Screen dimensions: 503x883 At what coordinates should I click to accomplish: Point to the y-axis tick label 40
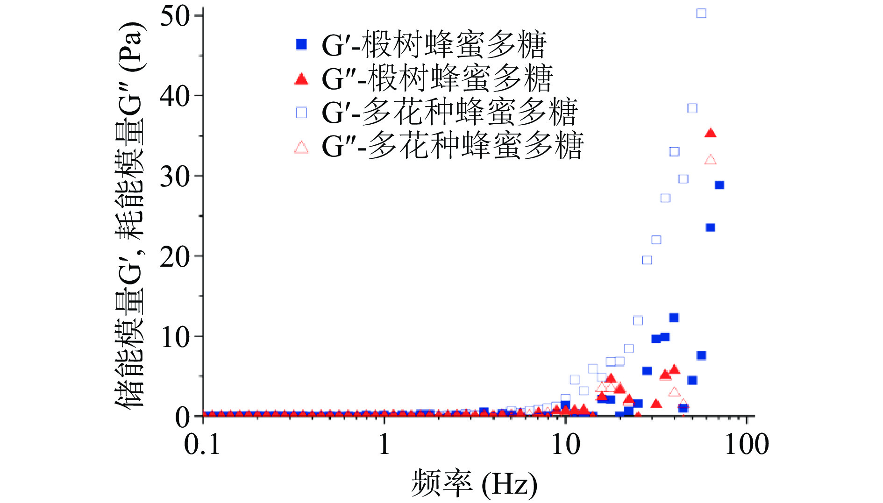(174, 96)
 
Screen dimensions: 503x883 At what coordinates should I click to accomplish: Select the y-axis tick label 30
(174, 177)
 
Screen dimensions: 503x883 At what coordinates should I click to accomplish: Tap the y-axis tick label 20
(174, 257)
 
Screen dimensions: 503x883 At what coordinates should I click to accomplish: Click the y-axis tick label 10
(174, 337)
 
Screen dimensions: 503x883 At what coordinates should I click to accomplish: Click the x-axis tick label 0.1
(202, 444)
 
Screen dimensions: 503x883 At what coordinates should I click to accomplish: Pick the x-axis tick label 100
(746, 444)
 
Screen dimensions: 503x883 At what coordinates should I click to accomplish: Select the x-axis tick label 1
(384, 444)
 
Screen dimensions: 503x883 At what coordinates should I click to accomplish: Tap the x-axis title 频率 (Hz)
(474, 483)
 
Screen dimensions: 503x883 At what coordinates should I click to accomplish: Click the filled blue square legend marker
(302, 45)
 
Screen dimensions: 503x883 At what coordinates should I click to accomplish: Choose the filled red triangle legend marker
(302, 79)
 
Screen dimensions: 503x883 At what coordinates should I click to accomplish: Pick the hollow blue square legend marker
(302, 113)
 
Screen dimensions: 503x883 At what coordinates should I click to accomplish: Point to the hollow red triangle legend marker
(302, 148)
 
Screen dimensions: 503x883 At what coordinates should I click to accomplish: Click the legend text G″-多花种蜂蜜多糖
(452, 146)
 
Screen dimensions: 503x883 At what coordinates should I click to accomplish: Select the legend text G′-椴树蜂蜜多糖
(434, 45)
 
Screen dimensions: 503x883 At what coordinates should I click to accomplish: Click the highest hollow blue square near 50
(701, 13)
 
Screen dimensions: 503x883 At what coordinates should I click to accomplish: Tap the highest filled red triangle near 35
(710, 133)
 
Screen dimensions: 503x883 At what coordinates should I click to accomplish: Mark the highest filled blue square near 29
(719, 185)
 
